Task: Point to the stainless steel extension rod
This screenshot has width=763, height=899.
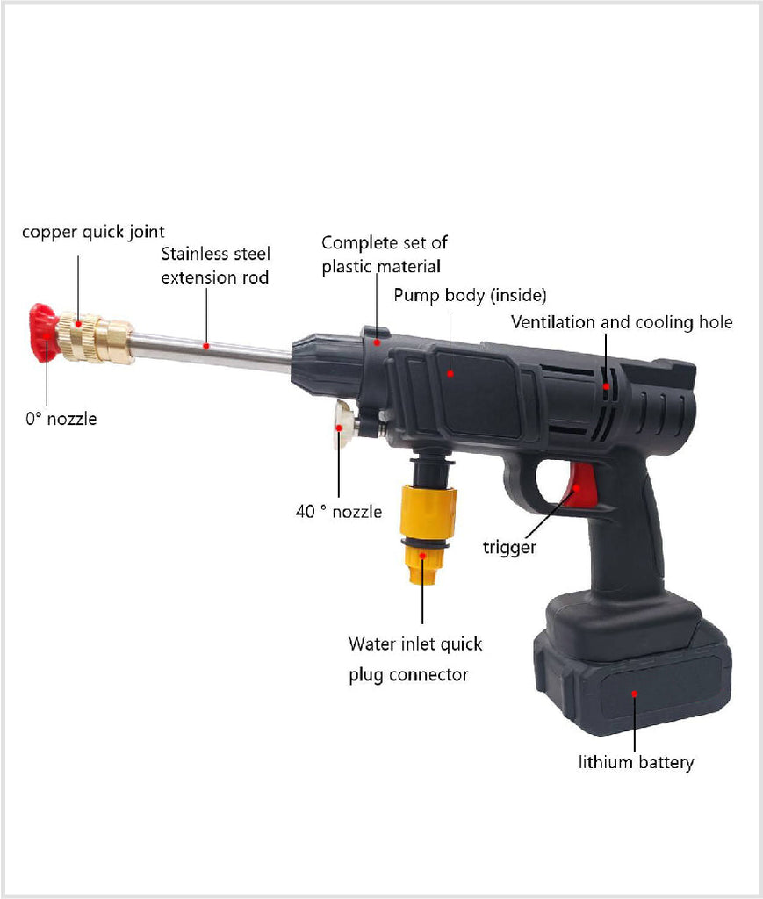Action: point(211,349)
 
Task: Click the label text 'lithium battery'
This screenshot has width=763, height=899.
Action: point(636,762)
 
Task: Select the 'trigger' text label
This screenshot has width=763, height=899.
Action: point(508,548)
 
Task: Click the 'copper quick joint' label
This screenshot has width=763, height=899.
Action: point(93,232)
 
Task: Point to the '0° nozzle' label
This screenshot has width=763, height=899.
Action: point(61,419)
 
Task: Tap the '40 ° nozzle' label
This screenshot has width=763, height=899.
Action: point(339,510)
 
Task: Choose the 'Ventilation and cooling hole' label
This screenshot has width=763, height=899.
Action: point(622,322)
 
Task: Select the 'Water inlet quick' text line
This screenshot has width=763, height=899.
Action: point(415,644)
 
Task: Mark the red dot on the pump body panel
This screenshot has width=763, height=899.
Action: point(450,373)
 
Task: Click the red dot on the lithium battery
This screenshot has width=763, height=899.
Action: point(634,694)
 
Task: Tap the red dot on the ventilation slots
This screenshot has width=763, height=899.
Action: point(606,385)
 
